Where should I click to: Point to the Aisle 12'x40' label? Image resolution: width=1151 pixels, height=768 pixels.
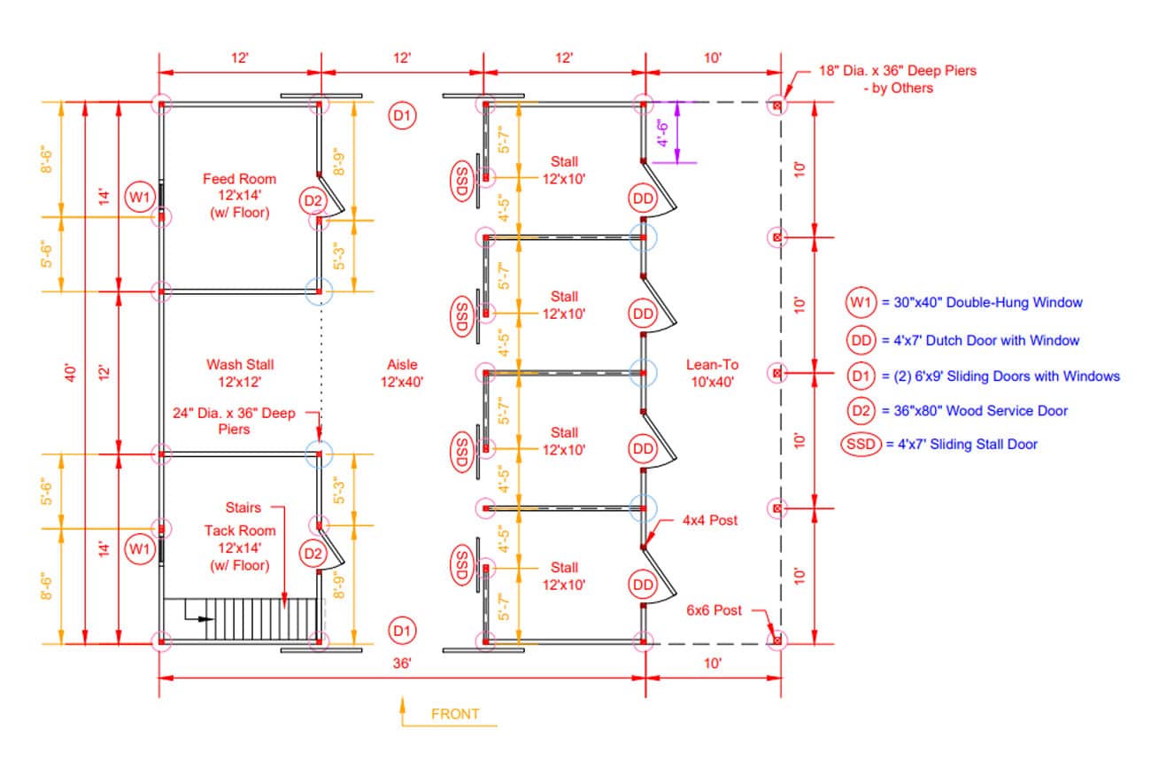point(402,373)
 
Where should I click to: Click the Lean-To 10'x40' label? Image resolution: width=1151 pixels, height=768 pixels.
point(712,373)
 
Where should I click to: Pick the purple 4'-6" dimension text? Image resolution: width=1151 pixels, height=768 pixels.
point(663,133)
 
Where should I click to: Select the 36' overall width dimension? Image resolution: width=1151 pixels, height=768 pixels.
point(402,663)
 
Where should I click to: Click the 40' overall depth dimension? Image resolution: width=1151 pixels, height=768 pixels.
point(71,373)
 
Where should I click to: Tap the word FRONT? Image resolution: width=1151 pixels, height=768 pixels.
point(455,714)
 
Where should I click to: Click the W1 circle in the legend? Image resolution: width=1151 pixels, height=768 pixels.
point(861,302)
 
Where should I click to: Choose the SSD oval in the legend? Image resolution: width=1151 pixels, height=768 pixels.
point(861,444)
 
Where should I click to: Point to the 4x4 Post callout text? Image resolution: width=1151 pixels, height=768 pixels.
point(709,520)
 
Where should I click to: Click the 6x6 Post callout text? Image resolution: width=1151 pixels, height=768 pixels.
point(714,610)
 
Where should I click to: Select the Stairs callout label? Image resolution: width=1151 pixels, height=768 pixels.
point(243,508)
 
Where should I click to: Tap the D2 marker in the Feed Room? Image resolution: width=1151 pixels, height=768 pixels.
point(313,200)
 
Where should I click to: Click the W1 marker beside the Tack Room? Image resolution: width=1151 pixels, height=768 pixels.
point(139,549)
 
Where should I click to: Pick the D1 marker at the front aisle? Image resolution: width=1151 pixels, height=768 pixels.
point(402,631)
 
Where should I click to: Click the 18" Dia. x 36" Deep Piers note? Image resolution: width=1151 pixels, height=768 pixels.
point(897,79)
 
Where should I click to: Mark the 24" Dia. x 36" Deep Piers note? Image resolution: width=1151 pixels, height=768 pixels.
point(234,421)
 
